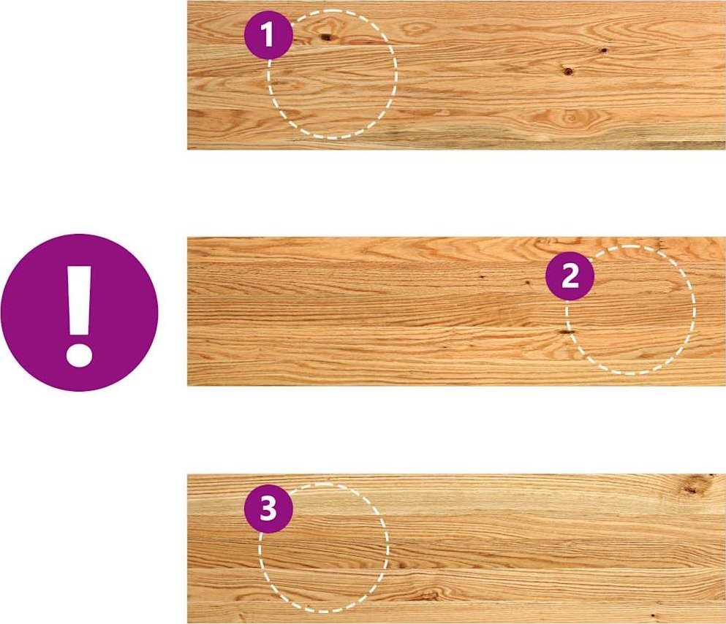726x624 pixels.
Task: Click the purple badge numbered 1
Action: (x=268, y=35)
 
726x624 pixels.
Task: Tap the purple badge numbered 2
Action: (x=570, y=277)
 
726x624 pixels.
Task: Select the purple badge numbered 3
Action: (x=268, y=509)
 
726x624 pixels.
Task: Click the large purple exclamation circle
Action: (x=79, y=313)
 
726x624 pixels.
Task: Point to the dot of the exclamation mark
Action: (x=80, y=355)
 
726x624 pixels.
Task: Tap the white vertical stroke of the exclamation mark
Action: (x=80, y=300)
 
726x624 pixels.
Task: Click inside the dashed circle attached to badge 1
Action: (x=333, y=74)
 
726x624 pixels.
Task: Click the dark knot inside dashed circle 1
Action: (x=326, y=37)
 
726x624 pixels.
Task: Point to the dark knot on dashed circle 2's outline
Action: (x=566, y=332)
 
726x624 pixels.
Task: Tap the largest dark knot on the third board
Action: (x=692, y=490)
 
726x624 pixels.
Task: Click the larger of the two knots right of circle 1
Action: (x=568, y=71)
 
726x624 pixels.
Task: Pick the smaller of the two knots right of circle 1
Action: (x=603, y=50)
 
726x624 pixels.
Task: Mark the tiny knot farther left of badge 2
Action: (x=482, y=277)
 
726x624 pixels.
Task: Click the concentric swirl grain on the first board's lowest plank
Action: (x=570, y=118)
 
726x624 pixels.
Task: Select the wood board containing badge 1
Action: (x=456, y=75)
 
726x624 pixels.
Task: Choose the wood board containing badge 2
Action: (x=456, y=311)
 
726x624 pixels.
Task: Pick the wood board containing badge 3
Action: (x=456, y=549)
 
